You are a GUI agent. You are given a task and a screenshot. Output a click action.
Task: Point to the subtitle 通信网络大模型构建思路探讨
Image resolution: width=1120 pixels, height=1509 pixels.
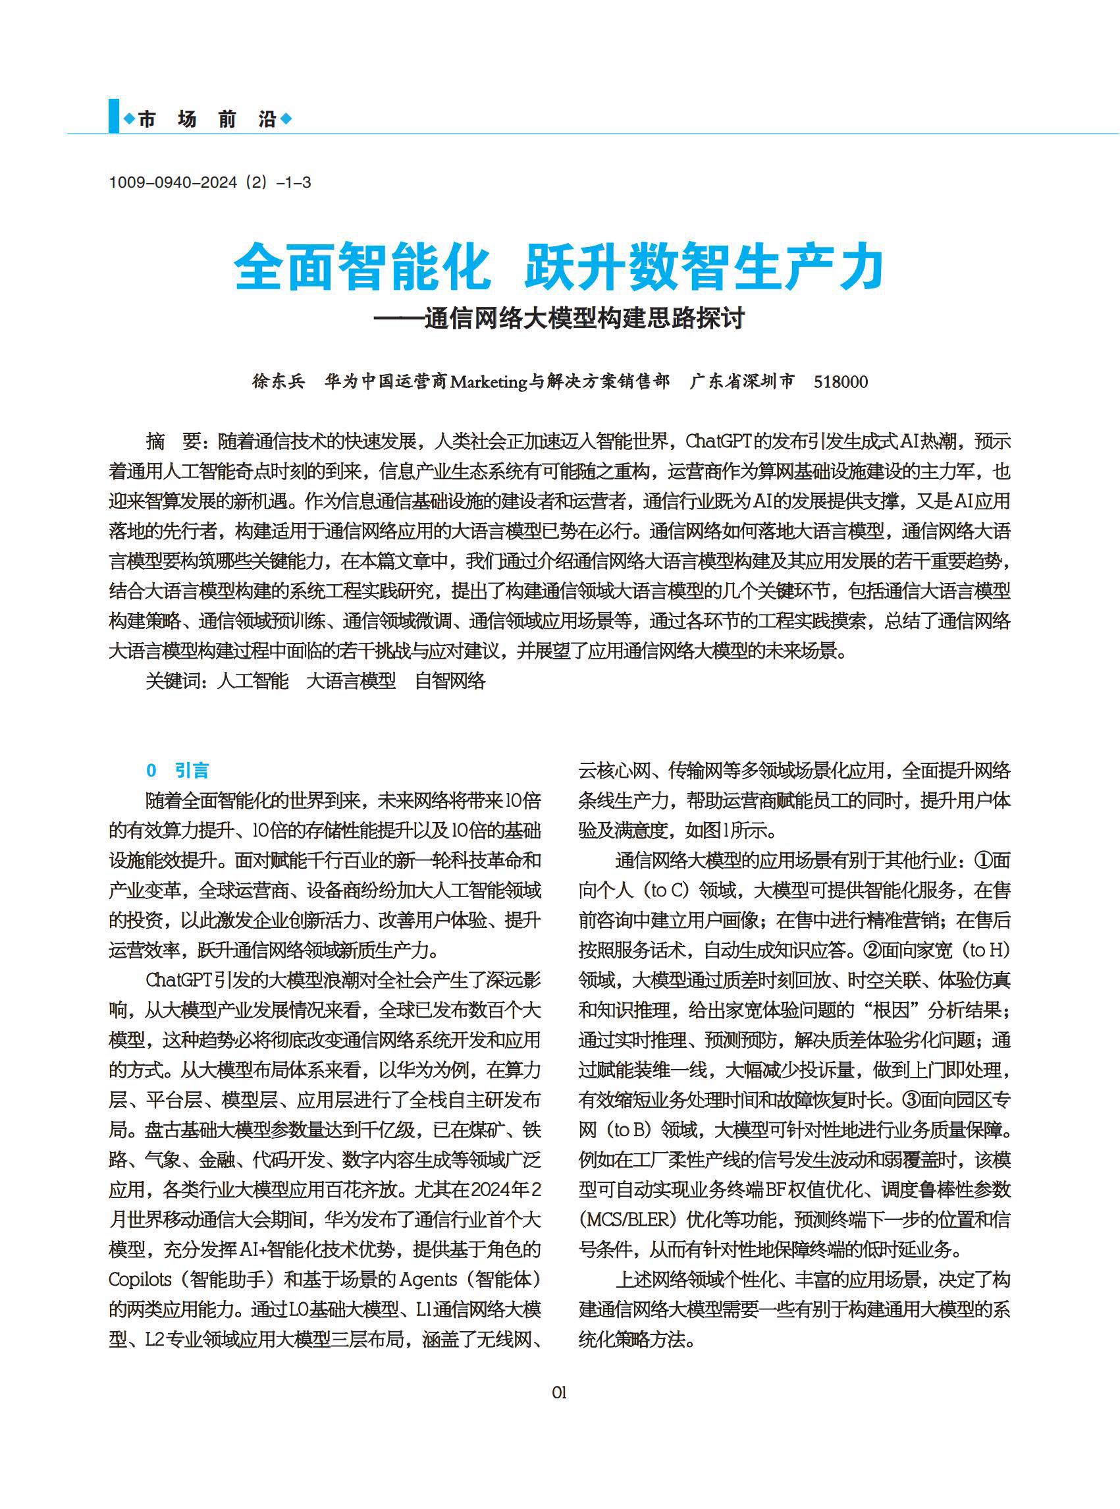coord(584,318)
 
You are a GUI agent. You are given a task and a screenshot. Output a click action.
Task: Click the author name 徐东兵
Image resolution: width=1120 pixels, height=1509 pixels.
coord(279,381)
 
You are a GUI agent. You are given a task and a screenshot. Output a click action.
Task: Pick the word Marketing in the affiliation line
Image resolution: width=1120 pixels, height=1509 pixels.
coord(488,382)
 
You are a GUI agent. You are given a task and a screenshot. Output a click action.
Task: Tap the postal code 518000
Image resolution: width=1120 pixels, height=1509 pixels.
coord(841,382)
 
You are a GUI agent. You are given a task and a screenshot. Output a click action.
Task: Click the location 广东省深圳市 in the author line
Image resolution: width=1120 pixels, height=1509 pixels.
coord(741,381)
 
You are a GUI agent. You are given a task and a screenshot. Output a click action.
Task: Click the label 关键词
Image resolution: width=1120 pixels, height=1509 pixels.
coord(176,680)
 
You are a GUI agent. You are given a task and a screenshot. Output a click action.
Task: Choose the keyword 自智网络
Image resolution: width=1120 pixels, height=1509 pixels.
coord(450,680)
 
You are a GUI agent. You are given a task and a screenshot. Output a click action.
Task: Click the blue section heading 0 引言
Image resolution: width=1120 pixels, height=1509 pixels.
coord(178,771)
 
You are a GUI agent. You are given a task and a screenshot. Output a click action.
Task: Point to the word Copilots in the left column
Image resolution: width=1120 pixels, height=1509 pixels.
coord(140,1279)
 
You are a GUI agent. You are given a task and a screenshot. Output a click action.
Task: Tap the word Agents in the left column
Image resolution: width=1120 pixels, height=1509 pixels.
coord(429,1279)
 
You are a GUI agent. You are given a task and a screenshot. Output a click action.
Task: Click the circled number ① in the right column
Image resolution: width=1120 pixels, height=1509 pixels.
coord(984,860)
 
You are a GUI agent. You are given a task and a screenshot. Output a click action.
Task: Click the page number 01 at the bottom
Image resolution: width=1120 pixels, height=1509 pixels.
coord(558,1392)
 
